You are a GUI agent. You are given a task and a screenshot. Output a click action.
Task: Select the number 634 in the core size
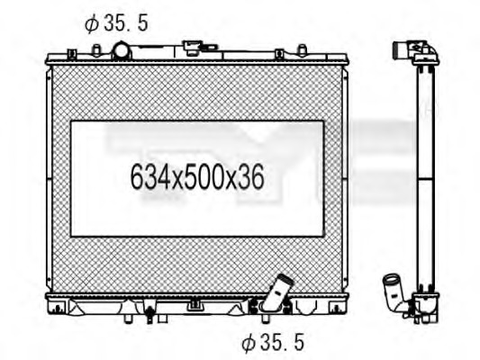click(149, 178)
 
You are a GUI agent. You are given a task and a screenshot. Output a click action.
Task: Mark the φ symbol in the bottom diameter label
click(248, 341)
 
